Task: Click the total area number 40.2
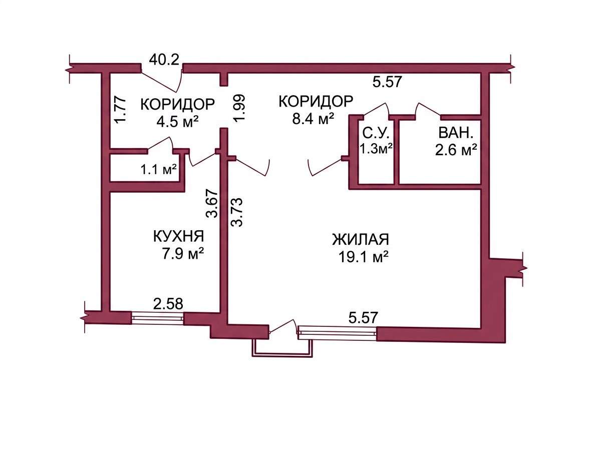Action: coord(164,60)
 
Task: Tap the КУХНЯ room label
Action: coord(178,236)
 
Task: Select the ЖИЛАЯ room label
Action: coord(361,240)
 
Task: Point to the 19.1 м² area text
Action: coord(364,257)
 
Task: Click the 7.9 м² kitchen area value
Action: coord(183,254)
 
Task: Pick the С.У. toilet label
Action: coord(376,133)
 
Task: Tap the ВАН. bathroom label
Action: coord(456,133)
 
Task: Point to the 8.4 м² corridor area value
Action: coord(313,119)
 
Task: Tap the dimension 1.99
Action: coord(240,108)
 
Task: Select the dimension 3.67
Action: coord(212,203)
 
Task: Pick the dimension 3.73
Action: coord(237,212)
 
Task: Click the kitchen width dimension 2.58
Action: coord(168,304)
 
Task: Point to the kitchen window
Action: coord(157,318)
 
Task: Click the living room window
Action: coord(338,333)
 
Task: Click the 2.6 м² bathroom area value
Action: coord(456,150)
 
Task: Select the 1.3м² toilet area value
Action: coord(376,149)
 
